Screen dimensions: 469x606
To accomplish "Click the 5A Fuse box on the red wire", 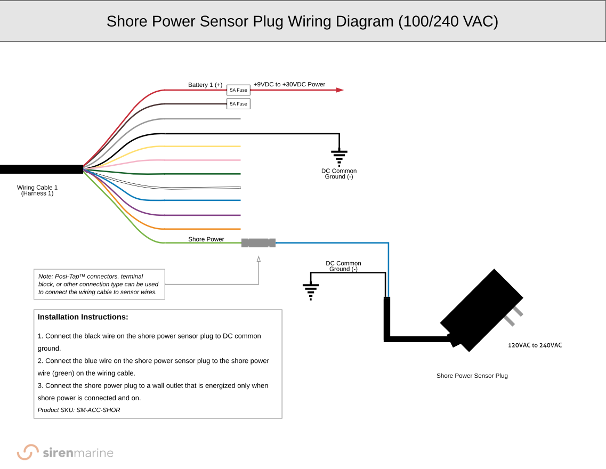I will (x=238, y=90).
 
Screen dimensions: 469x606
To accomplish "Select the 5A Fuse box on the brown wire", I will (x=238, y=104).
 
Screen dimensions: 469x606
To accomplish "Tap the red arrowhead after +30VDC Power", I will (x=340, y=90).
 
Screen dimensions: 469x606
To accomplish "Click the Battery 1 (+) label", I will (x=205, y=85).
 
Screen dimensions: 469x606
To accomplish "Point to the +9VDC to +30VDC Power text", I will (x=289, y=84).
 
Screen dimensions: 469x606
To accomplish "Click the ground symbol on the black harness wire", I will (x=339, y=157).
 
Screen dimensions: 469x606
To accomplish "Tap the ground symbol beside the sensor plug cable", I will (x=310, y=291).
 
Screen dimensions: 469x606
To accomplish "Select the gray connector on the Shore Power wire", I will (x=258, y=243).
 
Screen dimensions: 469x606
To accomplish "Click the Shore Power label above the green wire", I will (x=206, y=239).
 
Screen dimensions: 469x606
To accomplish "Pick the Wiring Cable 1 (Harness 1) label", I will (x=37, y=190).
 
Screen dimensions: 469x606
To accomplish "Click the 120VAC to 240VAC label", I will (x=535, y=345).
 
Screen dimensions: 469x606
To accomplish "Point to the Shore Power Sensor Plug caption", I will (x=472, y=376).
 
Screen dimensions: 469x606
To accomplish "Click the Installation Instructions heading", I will (x=83, y=317).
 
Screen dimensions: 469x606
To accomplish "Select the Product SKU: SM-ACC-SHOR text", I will (x=79, y=410).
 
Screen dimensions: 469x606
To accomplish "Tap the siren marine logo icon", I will (x=28, y=452).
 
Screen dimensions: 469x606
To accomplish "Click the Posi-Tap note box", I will (x=99, y=284).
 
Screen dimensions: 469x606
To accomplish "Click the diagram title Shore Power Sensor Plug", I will (x=302, y=21).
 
